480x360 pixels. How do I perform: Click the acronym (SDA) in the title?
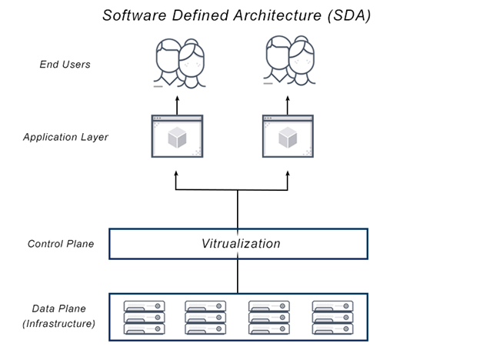coord(347,15)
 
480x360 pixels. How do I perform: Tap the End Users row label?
coord(65,64)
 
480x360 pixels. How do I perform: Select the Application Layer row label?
coord(65,137)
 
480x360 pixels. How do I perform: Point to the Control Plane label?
coord(61,244)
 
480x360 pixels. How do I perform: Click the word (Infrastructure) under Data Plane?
coord(59,324)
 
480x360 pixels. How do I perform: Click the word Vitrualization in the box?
coord(241,244)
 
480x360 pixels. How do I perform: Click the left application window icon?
coord(177,136)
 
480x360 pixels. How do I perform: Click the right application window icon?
coord(288,136)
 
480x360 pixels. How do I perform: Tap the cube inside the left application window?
coord(177,138)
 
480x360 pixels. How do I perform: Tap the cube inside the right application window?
coord(288,138)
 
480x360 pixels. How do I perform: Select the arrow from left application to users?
coord(177,103)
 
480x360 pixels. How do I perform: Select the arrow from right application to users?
coord(288,103)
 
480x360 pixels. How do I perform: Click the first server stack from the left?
coord(145,317)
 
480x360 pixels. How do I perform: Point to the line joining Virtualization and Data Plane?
coord(238,276)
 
